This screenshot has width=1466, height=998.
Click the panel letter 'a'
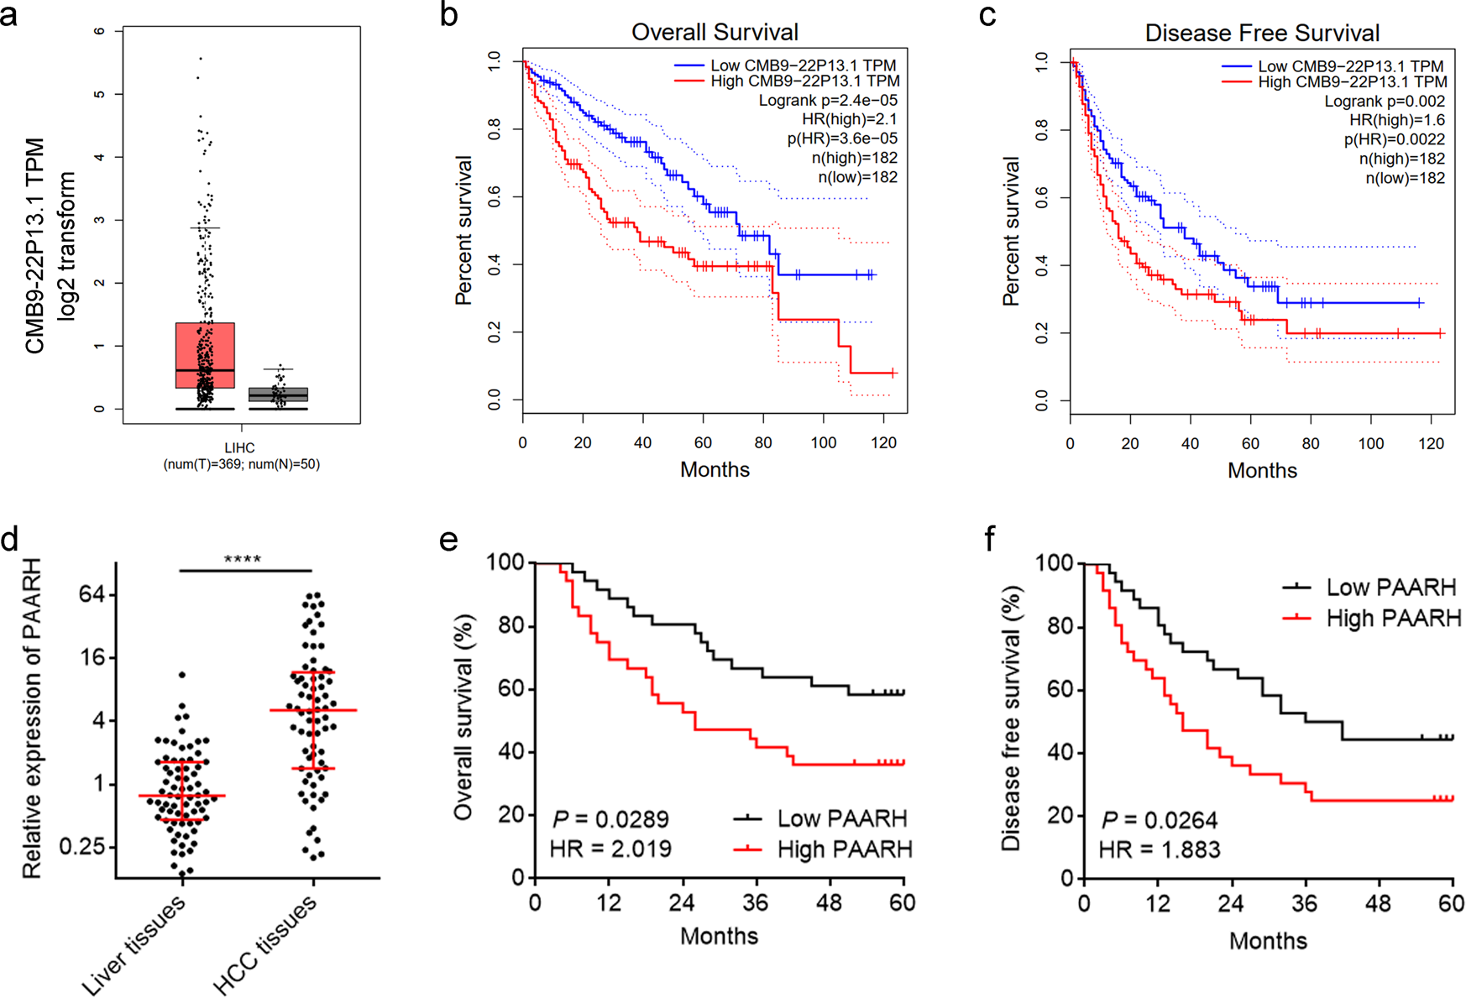tap(9, 14)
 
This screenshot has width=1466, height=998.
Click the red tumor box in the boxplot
tap(205, 354)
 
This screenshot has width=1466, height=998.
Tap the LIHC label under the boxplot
tap(240, 448)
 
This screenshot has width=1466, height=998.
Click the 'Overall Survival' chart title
tap(715, 32)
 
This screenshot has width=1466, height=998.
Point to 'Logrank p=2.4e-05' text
tap(828, 101)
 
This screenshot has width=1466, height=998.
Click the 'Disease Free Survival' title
tap(1262, 33)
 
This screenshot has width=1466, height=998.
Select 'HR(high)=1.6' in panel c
tap(1397, 120)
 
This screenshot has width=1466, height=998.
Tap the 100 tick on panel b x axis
tap(823, 442)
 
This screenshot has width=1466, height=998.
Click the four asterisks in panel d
tap(243, 560)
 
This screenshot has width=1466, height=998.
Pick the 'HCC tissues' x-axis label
tap(266, 944)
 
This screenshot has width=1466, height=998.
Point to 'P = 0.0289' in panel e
tap(610, 818)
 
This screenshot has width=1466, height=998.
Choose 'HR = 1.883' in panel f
tap(1160, 849)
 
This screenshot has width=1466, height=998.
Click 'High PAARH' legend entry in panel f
tap(1393, 619)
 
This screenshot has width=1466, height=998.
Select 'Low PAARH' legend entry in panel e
tap(841, 818)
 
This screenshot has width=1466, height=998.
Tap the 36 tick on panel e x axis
tap(756, 903)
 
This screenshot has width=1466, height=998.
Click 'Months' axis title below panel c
tap(1262, 470)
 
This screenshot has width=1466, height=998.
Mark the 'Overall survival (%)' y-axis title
tap(463, 717)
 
